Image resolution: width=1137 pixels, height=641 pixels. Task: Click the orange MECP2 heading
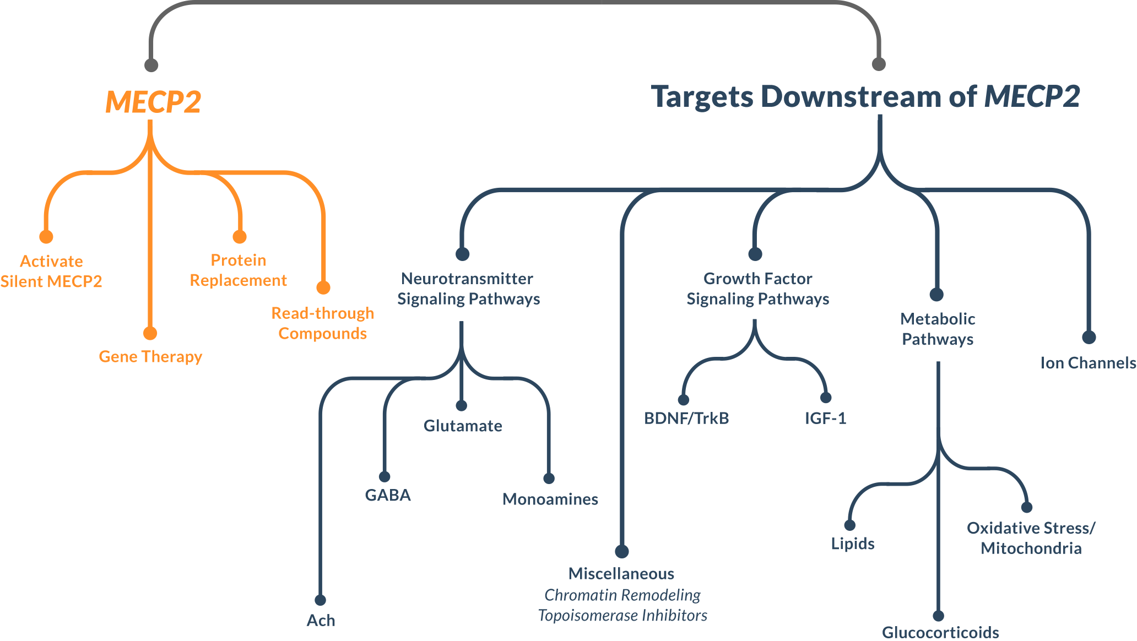153,102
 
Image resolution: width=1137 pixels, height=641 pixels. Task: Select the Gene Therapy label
150,357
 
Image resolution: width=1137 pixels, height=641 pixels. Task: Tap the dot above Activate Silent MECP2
46,237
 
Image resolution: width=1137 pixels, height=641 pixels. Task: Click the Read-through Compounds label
323,323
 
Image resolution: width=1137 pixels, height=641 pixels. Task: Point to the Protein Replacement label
239,270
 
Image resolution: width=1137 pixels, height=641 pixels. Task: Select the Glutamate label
463,426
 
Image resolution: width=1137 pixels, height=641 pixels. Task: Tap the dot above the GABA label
385,476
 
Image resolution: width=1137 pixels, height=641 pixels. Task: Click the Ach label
321,621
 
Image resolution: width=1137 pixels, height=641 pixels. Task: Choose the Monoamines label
550,499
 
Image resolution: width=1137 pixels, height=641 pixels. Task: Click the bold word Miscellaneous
621,574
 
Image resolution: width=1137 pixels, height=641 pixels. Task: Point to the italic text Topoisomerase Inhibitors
622,615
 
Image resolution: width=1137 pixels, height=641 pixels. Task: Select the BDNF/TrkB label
686,419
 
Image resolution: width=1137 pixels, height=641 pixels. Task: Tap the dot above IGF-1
826,398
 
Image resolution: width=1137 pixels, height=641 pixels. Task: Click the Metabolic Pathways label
938,329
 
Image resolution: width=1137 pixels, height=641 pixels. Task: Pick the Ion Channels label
1088,363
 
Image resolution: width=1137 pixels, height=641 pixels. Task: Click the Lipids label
853,544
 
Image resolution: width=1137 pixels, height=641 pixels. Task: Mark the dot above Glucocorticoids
939,616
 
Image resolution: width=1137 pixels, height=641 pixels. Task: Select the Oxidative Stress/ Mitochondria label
1031,538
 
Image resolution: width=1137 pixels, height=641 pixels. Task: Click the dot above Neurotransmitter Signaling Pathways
462,254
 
